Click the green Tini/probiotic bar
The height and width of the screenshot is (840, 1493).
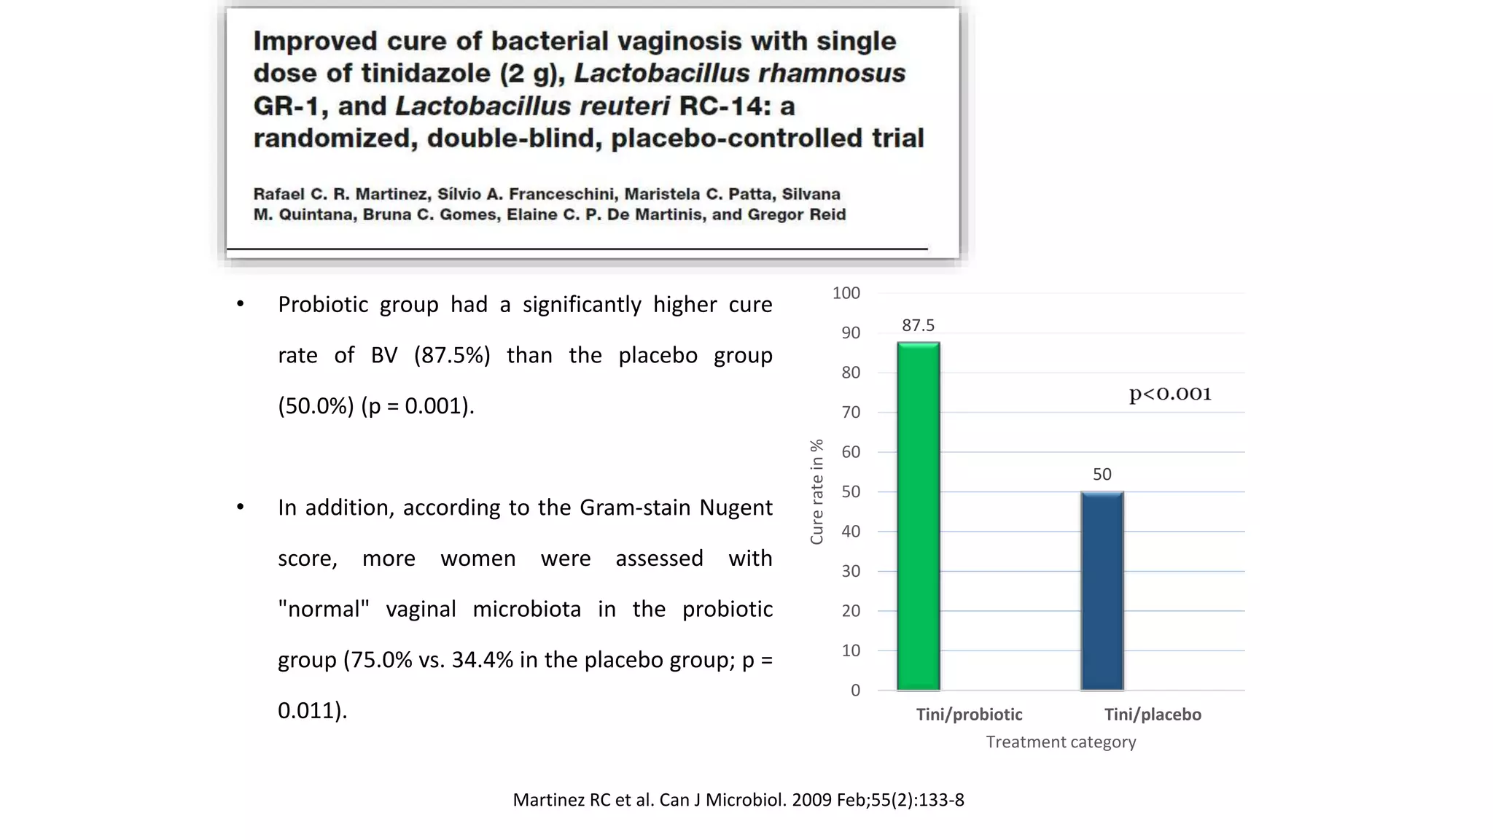tap(918, 516)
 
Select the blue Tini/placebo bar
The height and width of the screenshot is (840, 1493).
tap(1102, 591)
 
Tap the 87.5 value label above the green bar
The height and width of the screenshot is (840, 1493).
tap(918, 325)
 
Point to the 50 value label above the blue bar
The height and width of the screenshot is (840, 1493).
tap(1102, 475)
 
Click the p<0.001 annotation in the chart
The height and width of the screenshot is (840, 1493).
tap(1170, 394)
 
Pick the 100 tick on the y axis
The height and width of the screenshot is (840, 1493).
tap(846, 293)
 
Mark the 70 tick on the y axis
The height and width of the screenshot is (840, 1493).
tap(850, 412)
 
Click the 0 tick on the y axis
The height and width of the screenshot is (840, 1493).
tap(855, 691)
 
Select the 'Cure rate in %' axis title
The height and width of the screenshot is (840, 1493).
tap(816, 491)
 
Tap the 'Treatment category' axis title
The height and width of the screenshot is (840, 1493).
tap(1061, 742)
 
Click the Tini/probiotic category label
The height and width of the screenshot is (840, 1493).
tap(969, 715)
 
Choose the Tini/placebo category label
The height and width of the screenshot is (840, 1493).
tap(1153, 715)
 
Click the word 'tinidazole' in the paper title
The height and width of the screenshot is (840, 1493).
tap(425, 74)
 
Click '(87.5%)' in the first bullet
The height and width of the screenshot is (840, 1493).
tap(452, 356)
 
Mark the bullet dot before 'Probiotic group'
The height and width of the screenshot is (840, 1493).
tap(241, 304)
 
